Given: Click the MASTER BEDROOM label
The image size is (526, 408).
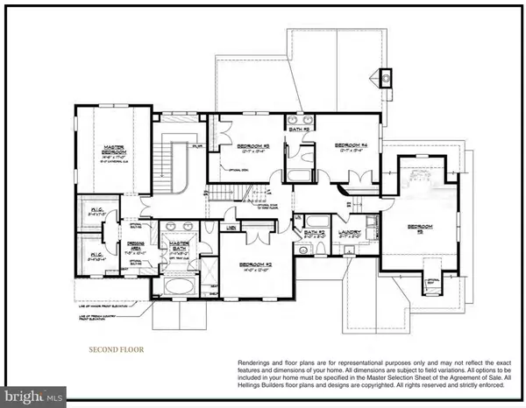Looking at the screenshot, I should click(110, 149).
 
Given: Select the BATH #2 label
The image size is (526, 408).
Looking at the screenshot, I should click(315, 233).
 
